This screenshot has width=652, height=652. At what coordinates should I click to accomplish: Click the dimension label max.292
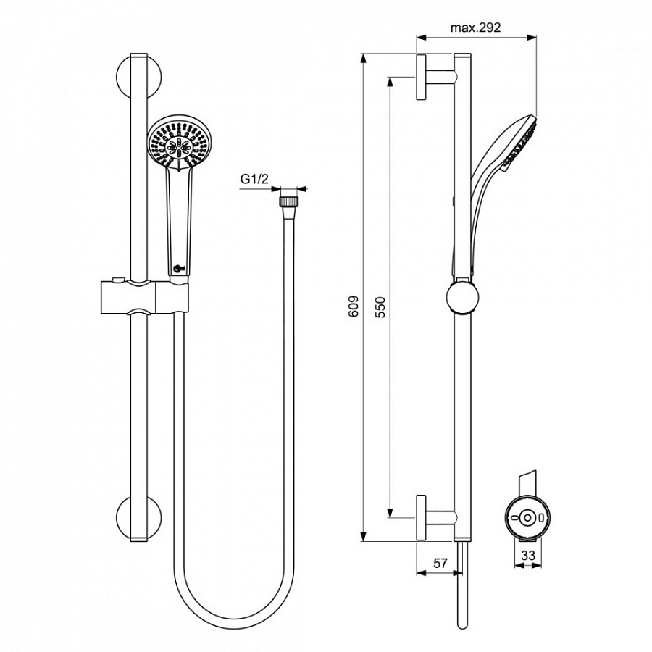click(476, 28)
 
